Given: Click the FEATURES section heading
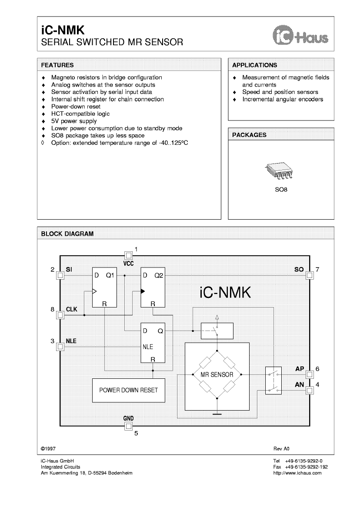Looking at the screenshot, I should click(57, 65).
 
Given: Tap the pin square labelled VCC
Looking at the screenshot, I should click(128, 255).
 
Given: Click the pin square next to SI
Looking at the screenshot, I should click(60, 275).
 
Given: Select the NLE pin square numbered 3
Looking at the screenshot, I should click(60, 347).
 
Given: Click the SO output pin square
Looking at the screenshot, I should click(310, 275).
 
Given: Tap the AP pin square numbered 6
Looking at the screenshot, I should click(310, 374).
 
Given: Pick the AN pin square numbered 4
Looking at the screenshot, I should click(310, 390).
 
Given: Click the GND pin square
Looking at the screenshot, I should click(128, 427).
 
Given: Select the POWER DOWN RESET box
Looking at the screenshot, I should click(129, 390).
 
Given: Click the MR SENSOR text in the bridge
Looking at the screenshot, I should click(217, 374).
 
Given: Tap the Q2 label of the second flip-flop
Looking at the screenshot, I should click(158, 275).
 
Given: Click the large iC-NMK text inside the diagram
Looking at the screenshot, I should click(225, 292).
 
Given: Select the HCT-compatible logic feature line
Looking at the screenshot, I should click(80, 114).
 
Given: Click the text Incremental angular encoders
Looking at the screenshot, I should click(283, 99).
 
